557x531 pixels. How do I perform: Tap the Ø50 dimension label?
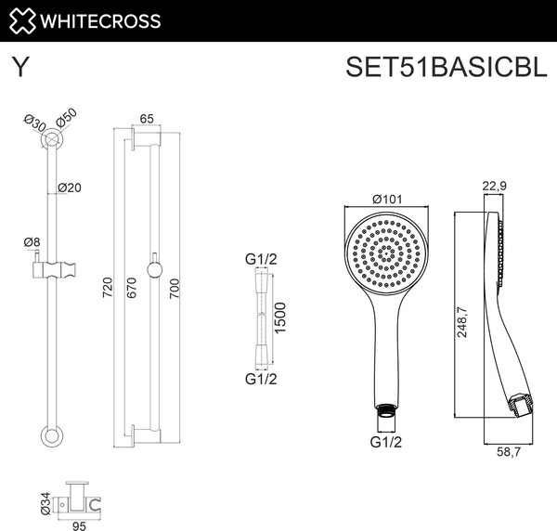coord(65,118)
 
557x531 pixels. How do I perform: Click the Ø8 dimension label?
coord(32,242)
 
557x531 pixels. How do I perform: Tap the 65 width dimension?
coord(146,118)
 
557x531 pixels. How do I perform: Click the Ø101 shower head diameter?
coord(384,199)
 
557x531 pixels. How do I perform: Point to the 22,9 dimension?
coord(494,187)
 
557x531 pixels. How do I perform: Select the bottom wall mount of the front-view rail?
coord(52,435)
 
